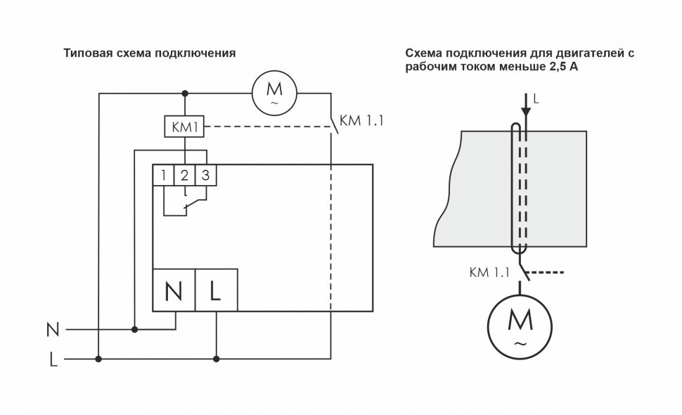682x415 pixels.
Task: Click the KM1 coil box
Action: pyautogui.click(x=184, y=127)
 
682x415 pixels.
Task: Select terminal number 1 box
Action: pyautogui.click(x=163, y=175)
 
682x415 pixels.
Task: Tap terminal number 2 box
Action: pyautogui.click(x=184, y=175)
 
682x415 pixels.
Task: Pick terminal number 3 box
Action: pyautogui.click(x=205, y=175)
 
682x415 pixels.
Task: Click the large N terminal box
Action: pyautogui.click(x=174, y=290)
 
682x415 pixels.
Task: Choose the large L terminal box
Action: pyautogui.click(x=216, y=290)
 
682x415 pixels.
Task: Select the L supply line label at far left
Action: pyautogui.click(x=53, y=360)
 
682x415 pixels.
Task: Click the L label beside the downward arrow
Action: pyautogui.click(x=536, y=100)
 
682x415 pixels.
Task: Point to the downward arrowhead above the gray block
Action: pyautogui.click(x=525, y=112)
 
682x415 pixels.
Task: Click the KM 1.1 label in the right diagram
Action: pyautogui.click(x=488, y=272)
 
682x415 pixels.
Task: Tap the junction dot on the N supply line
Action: pyautogui.click(x=134, y=328)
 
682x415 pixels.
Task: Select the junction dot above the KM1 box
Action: pyautogui.click(x=184, y=93)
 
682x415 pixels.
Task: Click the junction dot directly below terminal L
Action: pyautogui.click(x=216, y=359)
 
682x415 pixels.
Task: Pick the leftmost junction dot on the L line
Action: pyautogui.click(x=98, y=359)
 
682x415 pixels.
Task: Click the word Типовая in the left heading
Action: pyautogui.click(x=86, y=53)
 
